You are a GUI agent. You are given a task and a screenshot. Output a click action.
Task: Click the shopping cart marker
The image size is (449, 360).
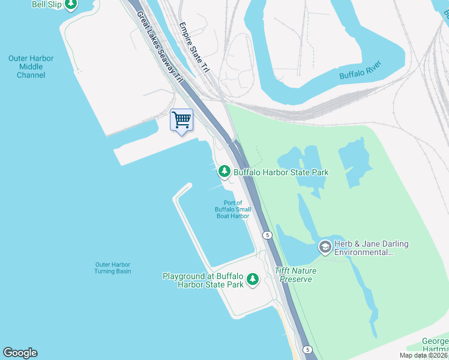tap(181, 119)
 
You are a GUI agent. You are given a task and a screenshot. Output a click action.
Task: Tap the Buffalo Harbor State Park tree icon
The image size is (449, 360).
tap(224, 172)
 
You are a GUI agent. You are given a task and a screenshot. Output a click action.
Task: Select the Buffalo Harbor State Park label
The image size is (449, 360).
tap(281, 172)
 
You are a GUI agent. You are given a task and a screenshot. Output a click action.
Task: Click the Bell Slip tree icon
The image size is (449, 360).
tap(71, 4)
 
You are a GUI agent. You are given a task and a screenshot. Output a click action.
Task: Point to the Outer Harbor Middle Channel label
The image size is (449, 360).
tap(31, 67)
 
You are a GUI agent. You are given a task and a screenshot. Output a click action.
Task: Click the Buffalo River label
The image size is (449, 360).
tap(360, 75)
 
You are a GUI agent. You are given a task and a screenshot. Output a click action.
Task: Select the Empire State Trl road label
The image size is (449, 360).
tap(194, 49)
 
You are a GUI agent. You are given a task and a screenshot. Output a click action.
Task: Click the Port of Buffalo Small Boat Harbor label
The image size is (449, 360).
tap(233, 209)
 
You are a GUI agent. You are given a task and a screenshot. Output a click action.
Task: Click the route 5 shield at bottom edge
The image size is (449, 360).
tap(307, 349)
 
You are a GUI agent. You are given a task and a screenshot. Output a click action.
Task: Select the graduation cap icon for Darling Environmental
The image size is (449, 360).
tap(325, 247)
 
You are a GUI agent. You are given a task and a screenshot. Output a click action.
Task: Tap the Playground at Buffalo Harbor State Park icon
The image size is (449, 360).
tap(253, 280)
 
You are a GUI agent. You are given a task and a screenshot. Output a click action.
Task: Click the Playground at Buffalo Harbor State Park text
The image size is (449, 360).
tap(203, 280)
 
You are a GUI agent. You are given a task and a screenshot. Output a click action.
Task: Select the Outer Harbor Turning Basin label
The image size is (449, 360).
tap(112, 268)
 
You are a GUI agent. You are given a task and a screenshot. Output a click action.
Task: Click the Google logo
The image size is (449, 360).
tap(20, 353)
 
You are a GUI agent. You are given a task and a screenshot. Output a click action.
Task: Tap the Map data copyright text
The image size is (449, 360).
tap(424, 355)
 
